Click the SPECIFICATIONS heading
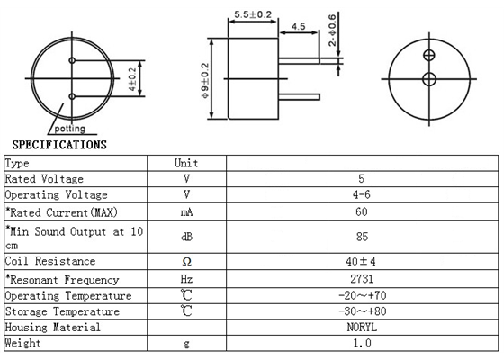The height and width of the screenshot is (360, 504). coord(58,144)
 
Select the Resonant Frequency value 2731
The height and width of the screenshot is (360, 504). coord(360,279)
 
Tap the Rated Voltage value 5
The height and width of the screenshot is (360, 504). coord(361,179)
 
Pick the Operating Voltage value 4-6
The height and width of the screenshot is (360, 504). coord(361,195)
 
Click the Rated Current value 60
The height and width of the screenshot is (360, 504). coord(361,212)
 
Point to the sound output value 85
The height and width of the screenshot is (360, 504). coord(361,238)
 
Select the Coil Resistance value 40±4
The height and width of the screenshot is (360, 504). coord(361,262)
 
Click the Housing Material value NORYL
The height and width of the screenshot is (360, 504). coord(361,328)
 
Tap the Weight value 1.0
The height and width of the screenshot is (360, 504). coord(361,344)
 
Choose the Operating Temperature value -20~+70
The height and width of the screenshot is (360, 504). coord(361,295)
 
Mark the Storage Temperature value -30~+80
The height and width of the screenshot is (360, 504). coord(361,311)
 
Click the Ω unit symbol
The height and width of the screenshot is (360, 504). coord(186,262)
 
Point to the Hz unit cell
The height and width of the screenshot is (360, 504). coord(186,279)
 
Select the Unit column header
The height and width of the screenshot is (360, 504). coord(186,163)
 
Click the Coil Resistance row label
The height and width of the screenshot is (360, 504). coord(50,262)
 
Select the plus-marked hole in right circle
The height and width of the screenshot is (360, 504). coord(429,56)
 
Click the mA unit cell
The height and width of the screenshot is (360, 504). coord(186,212)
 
